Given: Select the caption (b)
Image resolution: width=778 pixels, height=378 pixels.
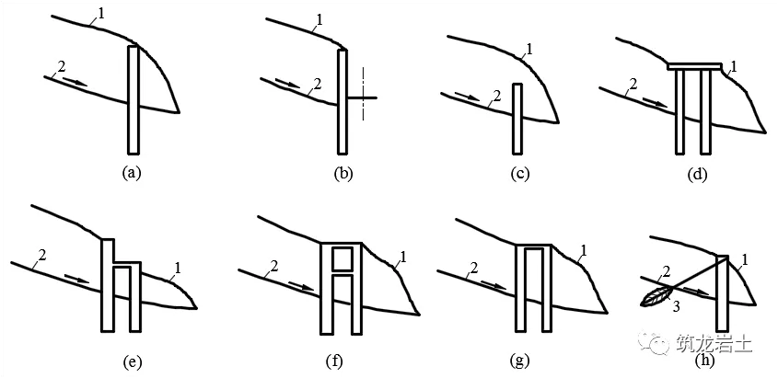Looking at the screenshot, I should (x=343, y=172).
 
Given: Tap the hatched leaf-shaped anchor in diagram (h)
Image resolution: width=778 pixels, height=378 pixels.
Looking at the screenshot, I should (x=656, y=296).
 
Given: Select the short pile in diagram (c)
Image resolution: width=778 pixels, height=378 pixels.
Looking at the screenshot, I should (x=517, y=119).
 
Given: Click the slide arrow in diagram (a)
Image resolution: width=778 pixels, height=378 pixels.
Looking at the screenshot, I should (x=76, y=82).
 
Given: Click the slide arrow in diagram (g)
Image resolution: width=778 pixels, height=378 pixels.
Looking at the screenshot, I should (x=494, y=284).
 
